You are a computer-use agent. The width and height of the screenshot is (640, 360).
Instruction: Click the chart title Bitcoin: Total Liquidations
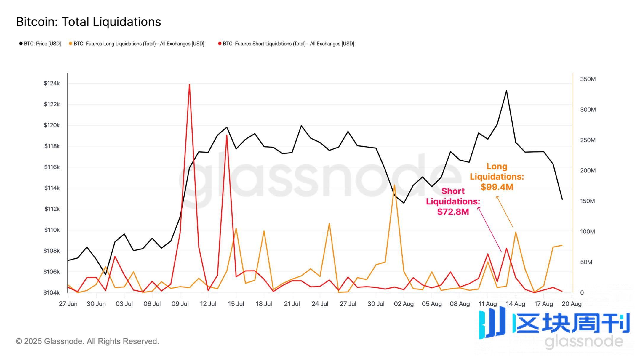[x=88, y=22]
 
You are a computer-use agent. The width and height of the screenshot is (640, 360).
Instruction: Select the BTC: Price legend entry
[x=40, y=44]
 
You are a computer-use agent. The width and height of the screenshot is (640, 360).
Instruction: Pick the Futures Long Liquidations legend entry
[x=137, y=44]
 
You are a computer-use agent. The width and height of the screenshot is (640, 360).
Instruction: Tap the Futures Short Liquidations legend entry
[x=286, y=44]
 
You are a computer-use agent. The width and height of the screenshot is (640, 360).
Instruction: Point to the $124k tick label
[x=52, y=83]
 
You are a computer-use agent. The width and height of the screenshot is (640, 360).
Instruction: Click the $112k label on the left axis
[x=52, y=209]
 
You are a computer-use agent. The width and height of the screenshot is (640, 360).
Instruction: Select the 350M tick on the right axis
[x=588, y=79]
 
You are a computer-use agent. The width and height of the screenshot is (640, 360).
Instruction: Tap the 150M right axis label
[x=588, y=201]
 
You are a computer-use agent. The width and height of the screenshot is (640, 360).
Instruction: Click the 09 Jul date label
[x=180, y=304]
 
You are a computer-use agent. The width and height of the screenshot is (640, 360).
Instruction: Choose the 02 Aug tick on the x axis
[x=404, y=304]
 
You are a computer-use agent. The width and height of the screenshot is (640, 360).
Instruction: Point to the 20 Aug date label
[x=572, y=304]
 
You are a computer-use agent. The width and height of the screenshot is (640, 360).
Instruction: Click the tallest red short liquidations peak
[x=189, y=85]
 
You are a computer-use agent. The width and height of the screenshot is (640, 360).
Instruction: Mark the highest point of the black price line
[x=506, y=91]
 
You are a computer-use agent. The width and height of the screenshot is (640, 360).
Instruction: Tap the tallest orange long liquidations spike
[x=394, y=185]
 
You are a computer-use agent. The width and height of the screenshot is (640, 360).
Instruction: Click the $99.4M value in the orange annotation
[x=497, y=187]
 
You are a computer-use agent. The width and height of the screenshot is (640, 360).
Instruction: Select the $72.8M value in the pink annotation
[x=453, y=212]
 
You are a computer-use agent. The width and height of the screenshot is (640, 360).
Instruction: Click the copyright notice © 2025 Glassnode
[x=87, y=341]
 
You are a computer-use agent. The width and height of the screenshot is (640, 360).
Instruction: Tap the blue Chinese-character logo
[x=554, y=324]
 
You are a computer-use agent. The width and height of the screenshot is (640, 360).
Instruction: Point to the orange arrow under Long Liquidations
[x=504, y=212]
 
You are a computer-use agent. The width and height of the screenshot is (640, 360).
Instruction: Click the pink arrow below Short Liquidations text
[x=489, y=229]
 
